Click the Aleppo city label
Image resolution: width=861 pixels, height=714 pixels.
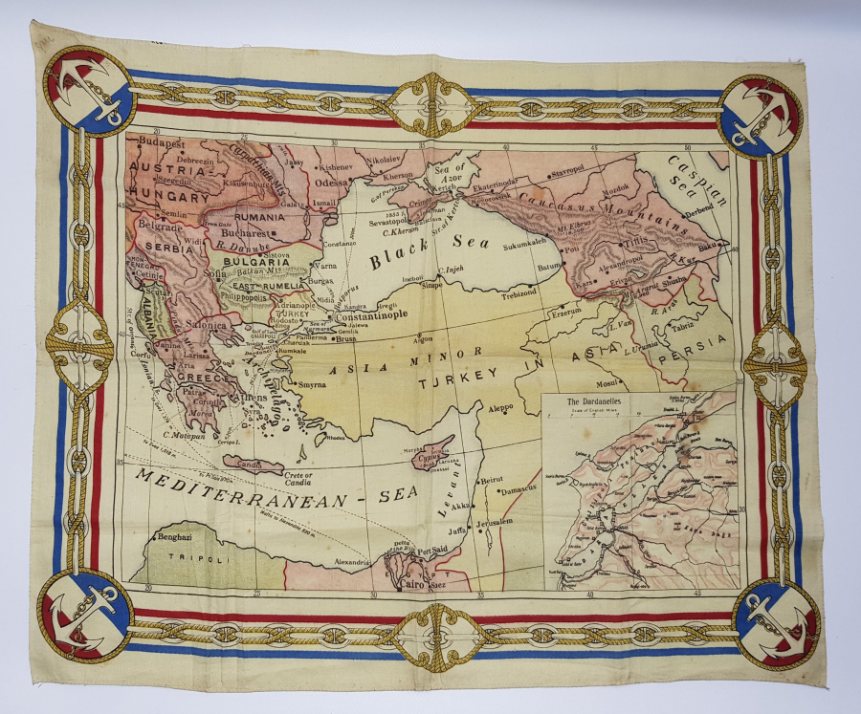pos(500,407)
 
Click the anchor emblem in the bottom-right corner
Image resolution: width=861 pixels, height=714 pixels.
pos(776,621)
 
